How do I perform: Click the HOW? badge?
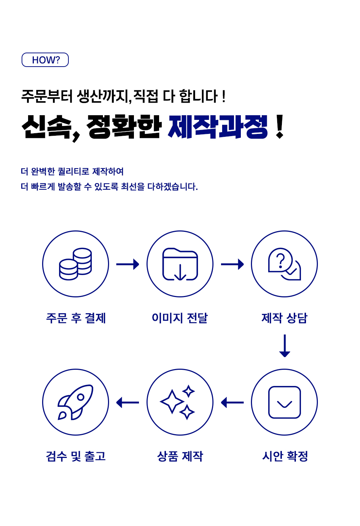(45, 60)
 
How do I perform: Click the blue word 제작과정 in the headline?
(218, 127)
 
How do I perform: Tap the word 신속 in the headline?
(46, 127)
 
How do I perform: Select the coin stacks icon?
(75, 264)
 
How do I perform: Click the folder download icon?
(180, 264)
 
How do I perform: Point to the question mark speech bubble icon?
(284, 264)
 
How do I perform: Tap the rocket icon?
(75, 402)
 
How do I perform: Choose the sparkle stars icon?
(177, 402)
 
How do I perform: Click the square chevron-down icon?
(284, 402)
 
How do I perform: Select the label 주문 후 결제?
(76, 318)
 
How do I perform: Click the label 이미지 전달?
(180, 318)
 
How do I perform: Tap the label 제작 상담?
(284, 318)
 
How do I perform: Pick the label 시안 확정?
(285, 456)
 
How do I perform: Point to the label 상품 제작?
(180, 456)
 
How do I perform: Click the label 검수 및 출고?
(76, 456)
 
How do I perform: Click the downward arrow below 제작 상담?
(285, 346)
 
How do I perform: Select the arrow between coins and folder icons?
(128, 264)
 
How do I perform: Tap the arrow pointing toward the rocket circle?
(128, 403)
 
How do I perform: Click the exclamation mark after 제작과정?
(279, 126)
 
